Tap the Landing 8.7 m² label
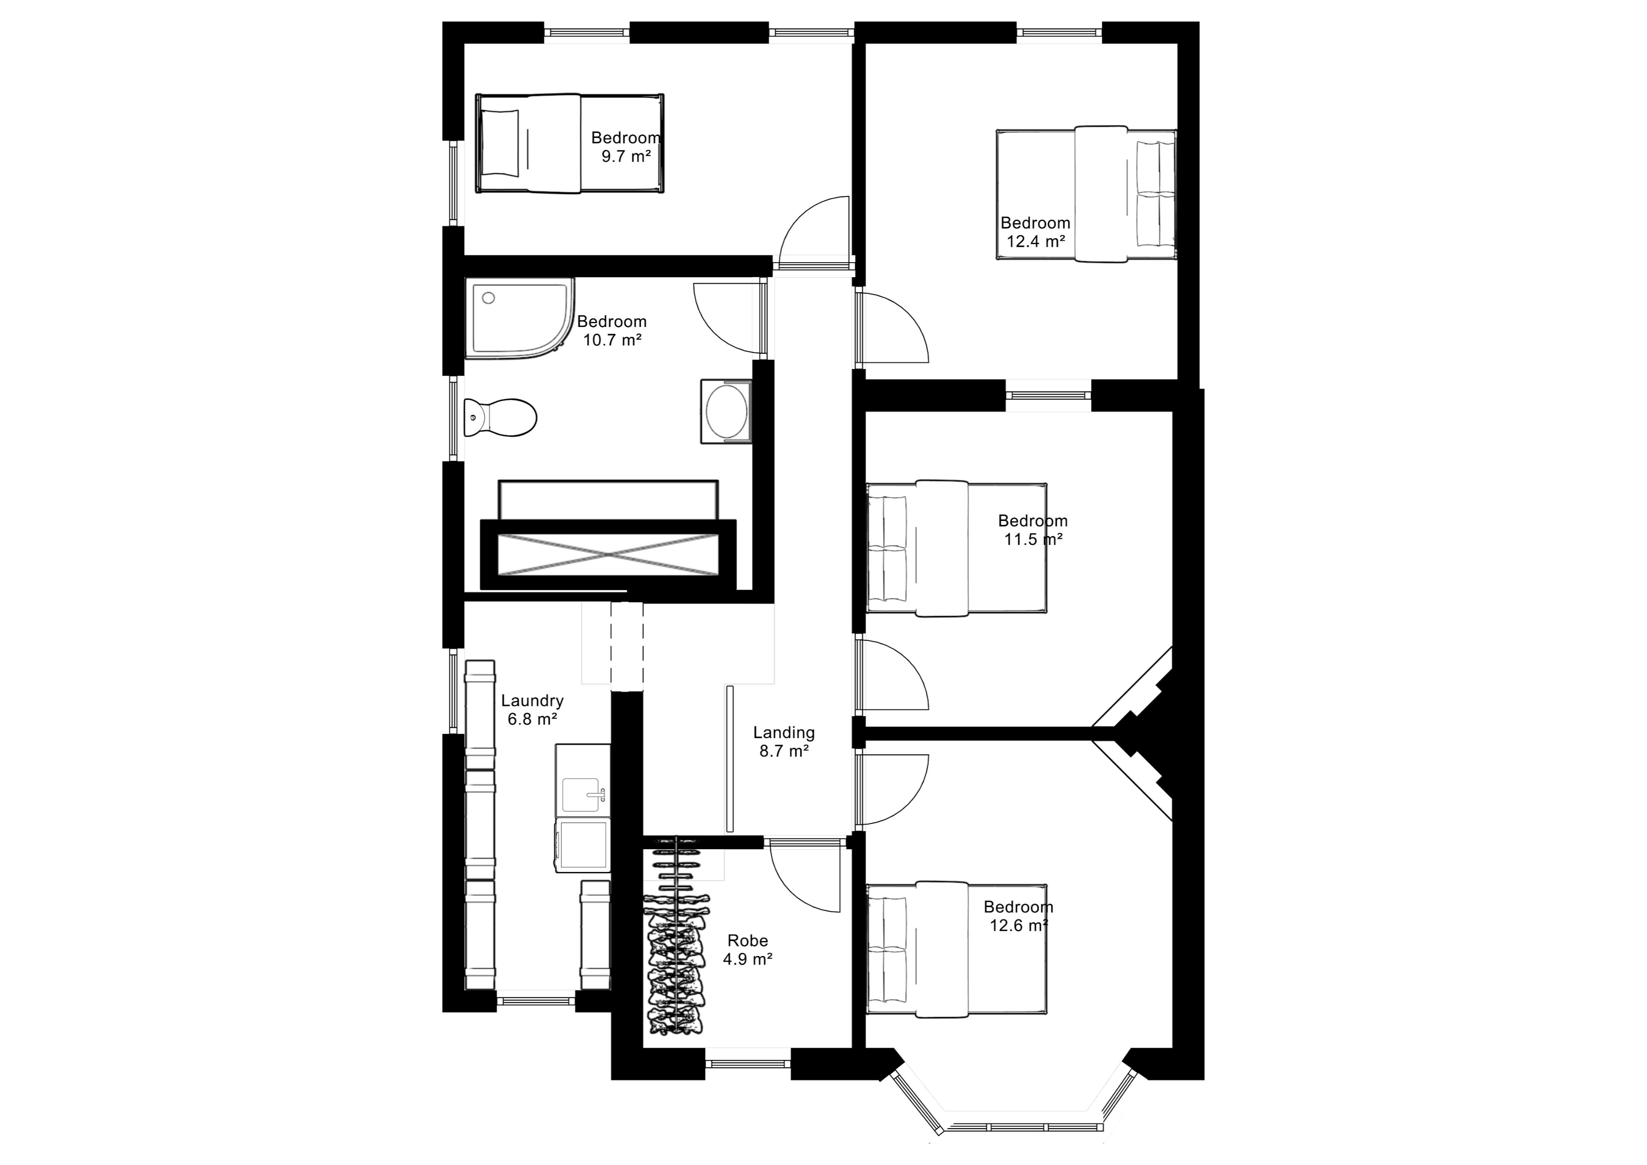(784, 741)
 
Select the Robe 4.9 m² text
(748, 950)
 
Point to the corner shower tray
(520, 317)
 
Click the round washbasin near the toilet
(726, 412)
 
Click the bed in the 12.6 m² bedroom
(957, 949)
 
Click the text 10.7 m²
(612, 340)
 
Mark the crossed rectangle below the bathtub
(608, 554)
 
